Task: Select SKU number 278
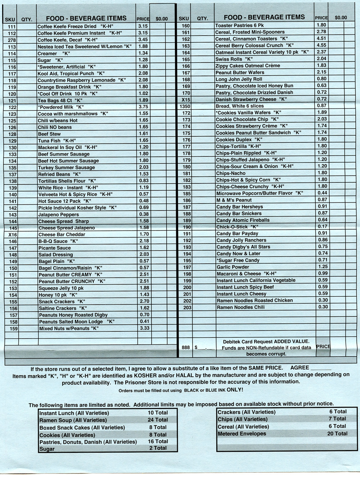[x=12, y=40]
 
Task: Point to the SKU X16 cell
[x=13, y=235]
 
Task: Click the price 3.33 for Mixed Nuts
[x=144, y=328]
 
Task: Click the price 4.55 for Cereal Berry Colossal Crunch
[x=321, y=45]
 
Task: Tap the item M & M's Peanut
[x=234, y=200]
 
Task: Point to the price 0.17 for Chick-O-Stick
[x=323, y=227]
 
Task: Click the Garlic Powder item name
[x=233, y=267]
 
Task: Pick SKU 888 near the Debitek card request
[x=186, y=347]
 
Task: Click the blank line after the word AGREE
[x=320, y=368]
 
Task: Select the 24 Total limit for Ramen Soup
[x=157, y=420]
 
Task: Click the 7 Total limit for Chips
[x=337, y=419]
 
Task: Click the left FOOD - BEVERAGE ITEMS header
[x=86, y=18]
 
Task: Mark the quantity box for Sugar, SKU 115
[x=27, y=60]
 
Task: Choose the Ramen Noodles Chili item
[x=240, y=307]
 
